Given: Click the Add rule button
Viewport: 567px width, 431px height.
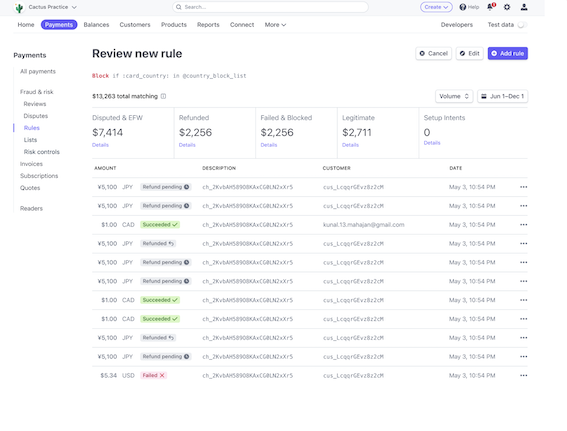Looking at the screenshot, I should (x=507, y=53).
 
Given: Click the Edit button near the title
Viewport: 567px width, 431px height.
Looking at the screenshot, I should (x=470, y=53).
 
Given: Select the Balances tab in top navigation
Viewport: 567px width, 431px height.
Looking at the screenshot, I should (x=97, y=24).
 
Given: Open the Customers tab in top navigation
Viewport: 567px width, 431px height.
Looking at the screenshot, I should (x=135, y=24).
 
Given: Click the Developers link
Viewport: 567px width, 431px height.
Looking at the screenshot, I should (x=456, y=24).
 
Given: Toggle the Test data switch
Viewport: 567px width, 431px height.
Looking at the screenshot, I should (x=520, y=24).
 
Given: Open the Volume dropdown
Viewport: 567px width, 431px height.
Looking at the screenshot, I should (x=453, y=96).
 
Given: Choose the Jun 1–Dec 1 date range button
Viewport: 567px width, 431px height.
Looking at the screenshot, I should (x=503, y=96).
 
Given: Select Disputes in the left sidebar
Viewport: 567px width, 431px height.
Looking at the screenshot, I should (x=35, y=115).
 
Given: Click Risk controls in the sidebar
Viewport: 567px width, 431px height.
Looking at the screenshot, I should (x=42, y=151).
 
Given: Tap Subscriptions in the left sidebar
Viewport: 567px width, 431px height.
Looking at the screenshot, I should (x=39, y=175).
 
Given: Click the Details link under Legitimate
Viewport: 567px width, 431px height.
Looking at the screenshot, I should (x=350, y=145).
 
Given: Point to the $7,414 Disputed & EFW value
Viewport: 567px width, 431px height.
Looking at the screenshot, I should (x=108, y=132).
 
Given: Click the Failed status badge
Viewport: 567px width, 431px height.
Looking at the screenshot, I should (x=153, y=375).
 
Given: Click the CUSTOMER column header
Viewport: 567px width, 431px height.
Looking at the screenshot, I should (x=336, y=168).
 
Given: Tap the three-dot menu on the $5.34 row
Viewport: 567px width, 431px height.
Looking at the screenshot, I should (x=523, y=375).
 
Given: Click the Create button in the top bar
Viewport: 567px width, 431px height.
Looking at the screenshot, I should (x=435, y=7).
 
